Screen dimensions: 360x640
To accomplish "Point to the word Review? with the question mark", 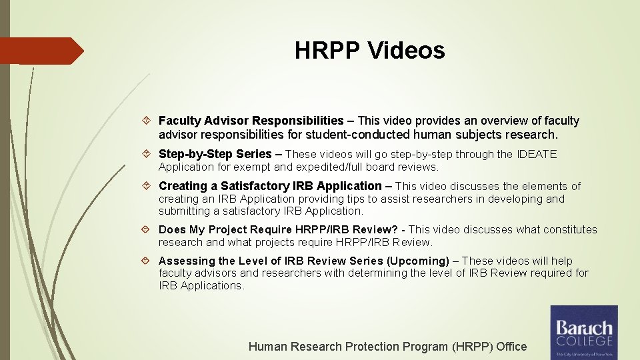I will click(x=380, y=229).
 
